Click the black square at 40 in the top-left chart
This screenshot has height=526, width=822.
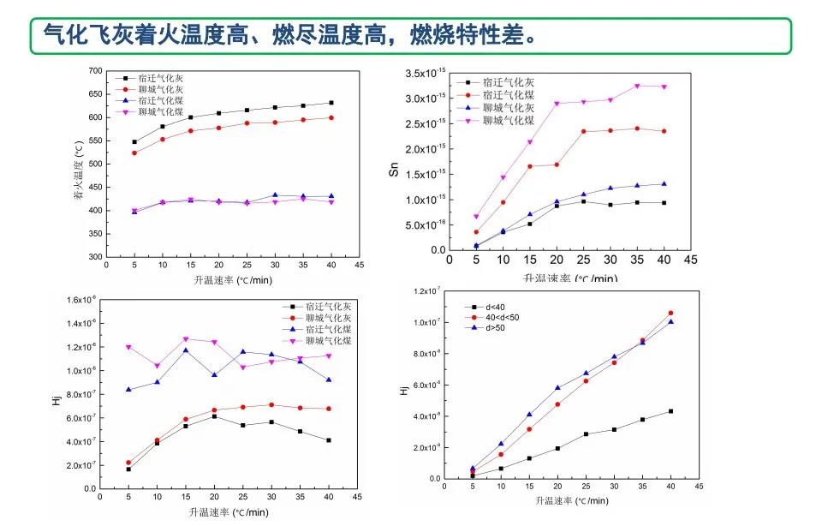click(x=331, y=103)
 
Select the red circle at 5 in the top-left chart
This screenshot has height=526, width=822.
click(x=134, y=152)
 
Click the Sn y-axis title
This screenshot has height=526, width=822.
click(x=394, y=170)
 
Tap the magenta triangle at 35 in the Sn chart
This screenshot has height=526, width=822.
click(x=637, y=87)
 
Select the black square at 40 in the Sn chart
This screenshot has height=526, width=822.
click(x=664, y=203)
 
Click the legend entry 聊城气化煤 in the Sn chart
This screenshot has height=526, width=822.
click(x=502, y=123)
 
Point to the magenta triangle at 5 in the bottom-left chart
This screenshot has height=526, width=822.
click(x=128, y=347)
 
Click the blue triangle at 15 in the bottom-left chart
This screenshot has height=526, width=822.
click(x=185, y=350)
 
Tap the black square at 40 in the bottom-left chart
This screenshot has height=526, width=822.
click(x=328, y=440)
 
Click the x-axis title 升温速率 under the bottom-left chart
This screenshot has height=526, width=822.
click(x=218, y=512)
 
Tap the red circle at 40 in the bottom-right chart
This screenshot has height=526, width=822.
click(x=670, y=314)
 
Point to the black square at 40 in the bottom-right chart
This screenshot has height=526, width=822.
click(x=670, y=411)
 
